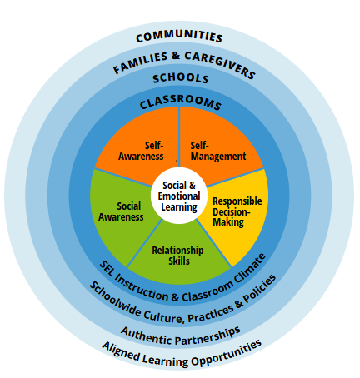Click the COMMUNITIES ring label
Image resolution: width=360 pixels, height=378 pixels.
(179, 36)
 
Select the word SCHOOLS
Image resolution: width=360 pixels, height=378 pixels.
(181, 78)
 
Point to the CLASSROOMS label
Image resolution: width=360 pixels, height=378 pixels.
(180, 102)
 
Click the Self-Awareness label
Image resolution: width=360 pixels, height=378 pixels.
(141, 151)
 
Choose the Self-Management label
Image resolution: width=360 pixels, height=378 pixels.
(218, 151)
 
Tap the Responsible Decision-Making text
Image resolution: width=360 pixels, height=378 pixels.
(237, 211)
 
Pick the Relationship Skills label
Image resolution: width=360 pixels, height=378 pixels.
(177, 256)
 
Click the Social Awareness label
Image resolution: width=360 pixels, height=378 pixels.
(121, 211)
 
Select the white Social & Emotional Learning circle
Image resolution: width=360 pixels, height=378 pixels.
(179, 196)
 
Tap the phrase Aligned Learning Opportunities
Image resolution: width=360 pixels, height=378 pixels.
(182, 354)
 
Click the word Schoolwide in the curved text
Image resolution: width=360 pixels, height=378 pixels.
(115, 300)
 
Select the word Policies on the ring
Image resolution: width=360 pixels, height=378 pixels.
(260, 288)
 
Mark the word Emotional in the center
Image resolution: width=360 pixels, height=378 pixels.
(179, 196)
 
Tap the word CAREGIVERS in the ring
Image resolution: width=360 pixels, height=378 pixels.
(219, 64)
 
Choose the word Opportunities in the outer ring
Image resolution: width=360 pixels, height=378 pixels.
(227, 352)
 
